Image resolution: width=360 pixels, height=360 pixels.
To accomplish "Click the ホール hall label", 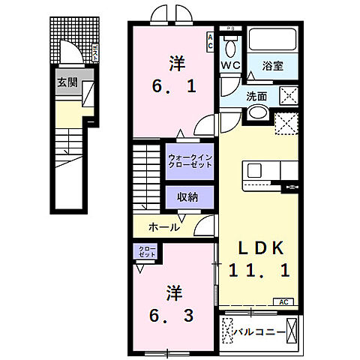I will pyautogui.click(x=163, y=226).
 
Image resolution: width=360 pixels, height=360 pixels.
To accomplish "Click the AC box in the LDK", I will pyautogui.click(x=283, y=301).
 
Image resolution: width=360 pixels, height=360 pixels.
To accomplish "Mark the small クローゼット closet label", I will pyautogui.click(x=146, y=252).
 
